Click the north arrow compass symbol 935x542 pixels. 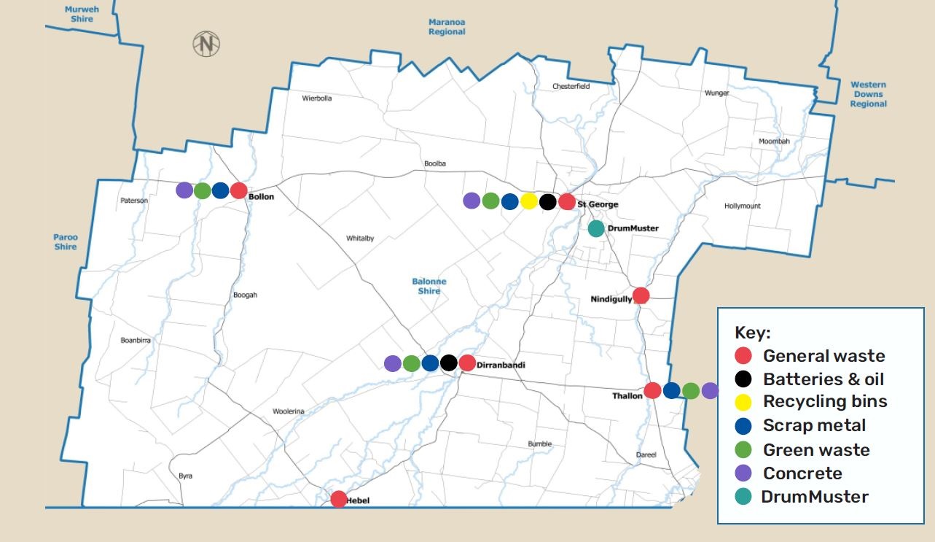pyautogui.click(x=206, y=44)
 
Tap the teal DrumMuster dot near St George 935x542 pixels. pyautogui.click(x=596, y=228)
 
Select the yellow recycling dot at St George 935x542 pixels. pyautogui.click(x=529, y=201)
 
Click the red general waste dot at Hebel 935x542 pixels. pyautogui.click(x=338, y=499)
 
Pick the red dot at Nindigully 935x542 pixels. pyautogui.click(x=641, y=295)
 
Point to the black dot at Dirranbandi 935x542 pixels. pyautogui.click(x=449, y=363)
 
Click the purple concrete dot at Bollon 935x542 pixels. pyautogui.click(x=184, y=190)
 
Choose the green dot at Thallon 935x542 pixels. pyautogui.click(x=691, y=391)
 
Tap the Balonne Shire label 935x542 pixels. pyautogui.click(x=429, y=286)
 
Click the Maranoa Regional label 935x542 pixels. pyautogui.click(x=447, y=27)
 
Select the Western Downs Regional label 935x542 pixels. pyautogui.click(x=868, y=94)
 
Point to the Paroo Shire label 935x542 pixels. pyautogui.click(x=65, y=241)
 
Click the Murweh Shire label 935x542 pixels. pyautogui.click(x=82, y=14)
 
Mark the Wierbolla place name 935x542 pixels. pyautogui.click(x=317, y=98)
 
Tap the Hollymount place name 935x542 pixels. pyautogui.click(x=742, y=206)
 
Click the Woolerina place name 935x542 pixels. pyautogui.click(x=288, y=411)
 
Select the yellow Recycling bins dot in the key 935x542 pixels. pyautogui.click(x=743, y=402)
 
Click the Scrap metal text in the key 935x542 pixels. pyautogui.click(x=814, y=425)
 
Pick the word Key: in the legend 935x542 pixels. pyautogui.click(x=752, y=333)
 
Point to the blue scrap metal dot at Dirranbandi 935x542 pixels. pyautogui.click(x=430, y=363)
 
